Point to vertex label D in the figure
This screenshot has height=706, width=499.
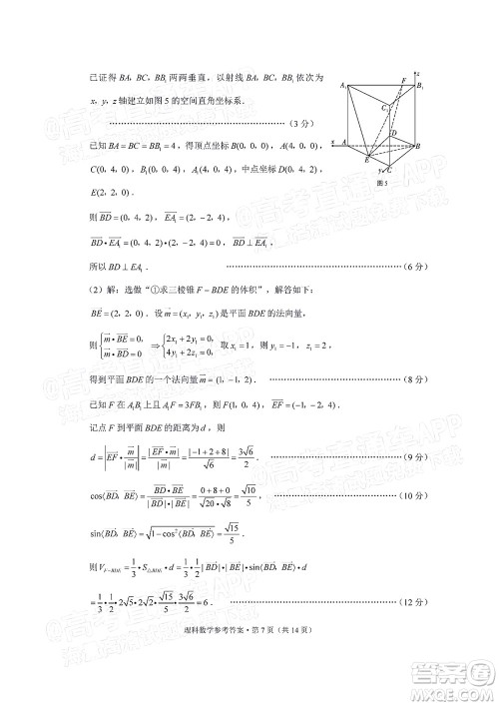coord(395,133)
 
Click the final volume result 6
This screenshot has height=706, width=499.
coord(213,602)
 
